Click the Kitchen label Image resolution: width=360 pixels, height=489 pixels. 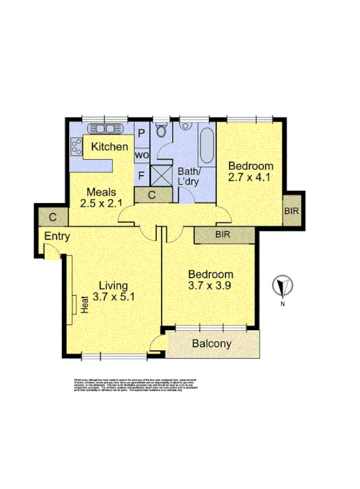point(109,147)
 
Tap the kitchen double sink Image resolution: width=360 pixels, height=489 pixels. point(104,129)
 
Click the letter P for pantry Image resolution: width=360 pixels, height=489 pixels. point(141,133)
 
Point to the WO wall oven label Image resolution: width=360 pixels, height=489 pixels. point(141,155)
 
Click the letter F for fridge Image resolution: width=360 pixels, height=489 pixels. point(141,175)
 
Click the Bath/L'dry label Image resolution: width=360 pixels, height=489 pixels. point(191,177)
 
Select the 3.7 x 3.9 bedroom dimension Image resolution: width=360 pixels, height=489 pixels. point(210,288)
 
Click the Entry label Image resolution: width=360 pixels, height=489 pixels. point(57,237)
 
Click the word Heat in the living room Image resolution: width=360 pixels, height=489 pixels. point(83,306)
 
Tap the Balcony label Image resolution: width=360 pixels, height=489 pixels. point(212,344)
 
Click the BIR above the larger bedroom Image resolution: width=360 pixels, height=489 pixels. point(222,234)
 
